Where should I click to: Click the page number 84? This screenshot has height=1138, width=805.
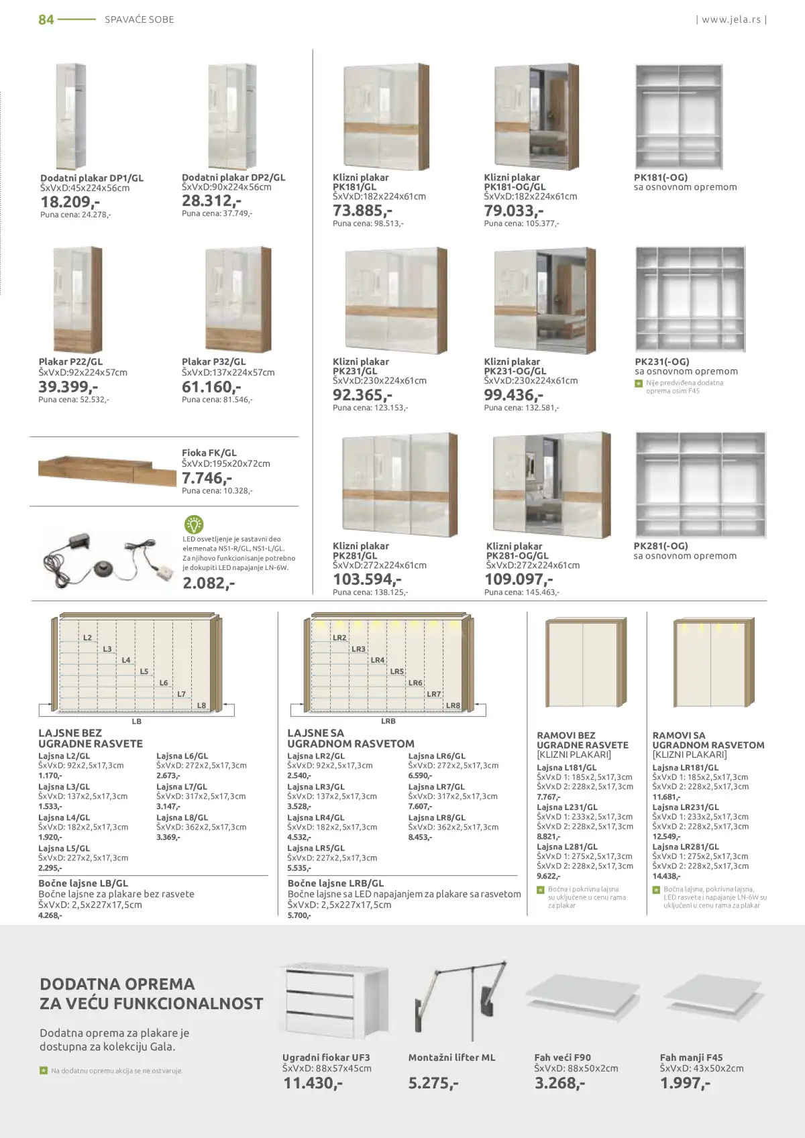click(46, 19)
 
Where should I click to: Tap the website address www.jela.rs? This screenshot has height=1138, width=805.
click(731, 19)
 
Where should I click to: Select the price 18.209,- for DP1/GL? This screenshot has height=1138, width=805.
click(70, 202)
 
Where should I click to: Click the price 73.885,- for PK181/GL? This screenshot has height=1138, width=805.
click(362, 211)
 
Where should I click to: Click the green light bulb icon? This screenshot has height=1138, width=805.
click(193, 524)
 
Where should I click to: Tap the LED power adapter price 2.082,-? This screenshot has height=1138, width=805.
click(209, 583)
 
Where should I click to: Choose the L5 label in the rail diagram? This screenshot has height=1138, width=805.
click(144, 671)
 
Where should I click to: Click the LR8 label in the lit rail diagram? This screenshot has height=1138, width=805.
click(453, 705)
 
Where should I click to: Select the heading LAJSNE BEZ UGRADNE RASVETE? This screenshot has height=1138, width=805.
click(91, 738)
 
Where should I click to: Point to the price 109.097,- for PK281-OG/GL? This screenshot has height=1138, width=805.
click(519, 579)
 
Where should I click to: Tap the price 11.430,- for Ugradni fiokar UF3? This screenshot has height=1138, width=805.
click(313, 1083)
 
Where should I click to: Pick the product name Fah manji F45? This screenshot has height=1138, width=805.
click(691, 1058)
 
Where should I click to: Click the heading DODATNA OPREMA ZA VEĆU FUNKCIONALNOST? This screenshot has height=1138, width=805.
click(151, 994)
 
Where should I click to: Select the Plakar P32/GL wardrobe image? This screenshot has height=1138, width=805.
click(238, 300)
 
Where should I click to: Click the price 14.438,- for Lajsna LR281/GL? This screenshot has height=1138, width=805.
click(666, 876)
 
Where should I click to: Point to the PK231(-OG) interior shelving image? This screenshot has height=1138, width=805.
click(690, 300)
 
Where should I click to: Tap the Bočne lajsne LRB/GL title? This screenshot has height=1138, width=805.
click(335, 884)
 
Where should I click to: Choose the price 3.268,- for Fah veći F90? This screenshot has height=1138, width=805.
click(559, 1083)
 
